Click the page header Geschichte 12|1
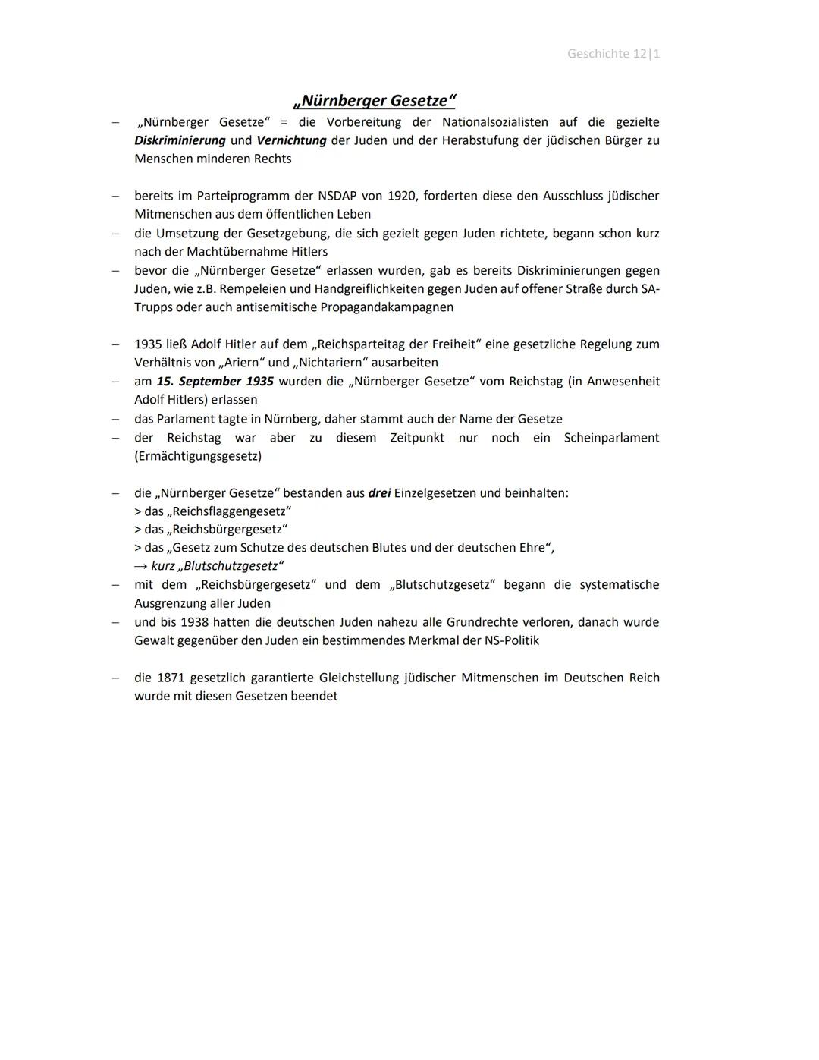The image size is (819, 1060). [x=613, y=54]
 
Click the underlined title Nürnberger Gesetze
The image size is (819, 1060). [x=375, y=101]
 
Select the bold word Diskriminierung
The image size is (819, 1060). [x=180, y=140]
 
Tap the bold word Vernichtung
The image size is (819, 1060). [x=291, y=140]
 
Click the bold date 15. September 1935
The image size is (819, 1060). [x=215, y=382]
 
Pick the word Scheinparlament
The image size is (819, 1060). [x=611, y=438]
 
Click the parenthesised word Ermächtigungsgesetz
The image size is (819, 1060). [x=198, y=456]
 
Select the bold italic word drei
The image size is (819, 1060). [x=379, y=493]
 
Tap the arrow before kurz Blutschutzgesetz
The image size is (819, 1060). [x=141, y=566]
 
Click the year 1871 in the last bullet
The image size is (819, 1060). [x=171, y=678]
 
